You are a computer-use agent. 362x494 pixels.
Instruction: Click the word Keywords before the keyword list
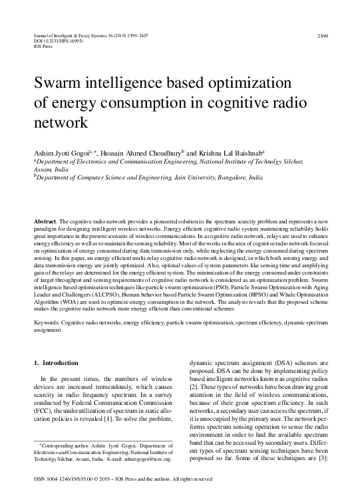tap(48, 321)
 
